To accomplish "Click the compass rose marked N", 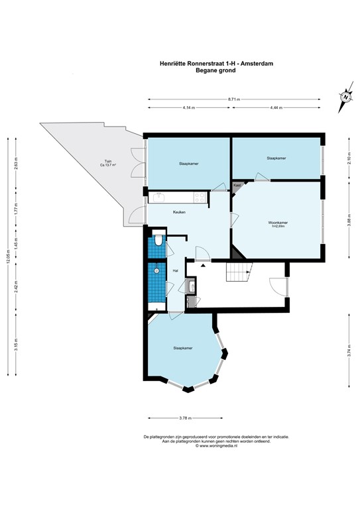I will click(345, 98).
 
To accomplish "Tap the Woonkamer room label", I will click(277, 223).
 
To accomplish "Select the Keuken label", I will click(179, 212).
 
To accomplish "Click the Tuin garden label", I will click(106, 162).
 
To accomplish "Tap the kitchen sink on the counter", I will click(159, 196).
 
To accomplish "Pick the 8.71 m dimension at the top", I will click(234, 99).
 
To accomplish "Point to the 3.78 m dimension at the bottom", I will click(186, 418).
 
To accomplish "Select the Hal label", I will click(176, 270).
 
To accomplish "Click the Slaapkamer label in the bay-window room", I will click(182, 347).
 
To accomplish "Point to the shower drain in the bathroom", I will click(156, 270).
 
